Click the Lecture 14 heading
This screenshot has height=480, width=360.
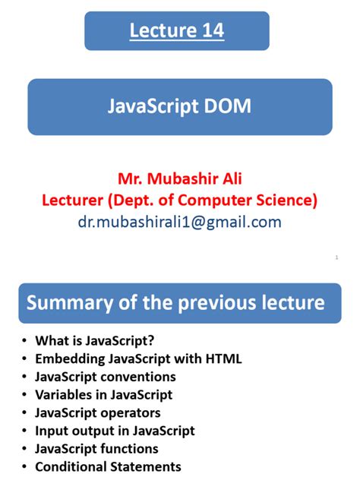[176, 31]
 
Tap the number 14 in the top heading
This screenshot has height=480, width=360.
[207, 31]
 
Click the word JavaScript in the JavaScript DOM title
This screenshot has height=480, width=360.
[150, 107]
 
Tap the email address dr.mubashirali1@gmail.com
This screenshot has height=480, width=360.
[179, 222]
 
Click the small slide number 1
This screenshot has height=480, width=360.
[336, 258]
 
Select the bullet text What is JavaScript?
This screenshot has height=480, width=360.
[99, 341]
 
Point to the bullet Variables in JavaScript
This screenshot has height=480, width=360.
[103, 394]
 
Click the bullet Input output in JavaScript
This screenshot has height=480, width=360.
[115, 431]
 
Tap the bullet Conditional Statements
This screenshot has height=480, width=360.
[108, 466]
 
